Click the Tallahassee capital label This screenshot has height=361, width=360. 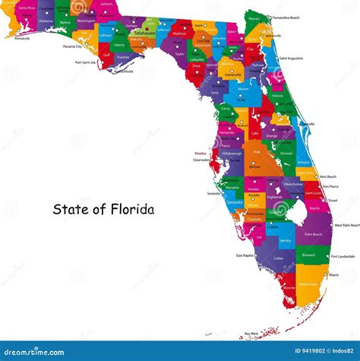[x=144, y=33]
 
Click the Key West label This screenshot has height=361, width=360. [x=251, y=334]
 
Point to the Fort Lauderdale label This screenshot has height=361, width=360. [x=341, y=256]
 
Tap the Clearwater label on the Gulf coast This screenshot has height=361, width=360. [x=201, y=160]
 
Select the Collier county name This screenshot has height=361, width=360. [x=279, y=258]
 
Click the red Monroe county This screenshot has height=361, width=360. [x=289, y=288]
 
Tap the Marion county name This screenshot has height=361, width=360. [x=242, y=88]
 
